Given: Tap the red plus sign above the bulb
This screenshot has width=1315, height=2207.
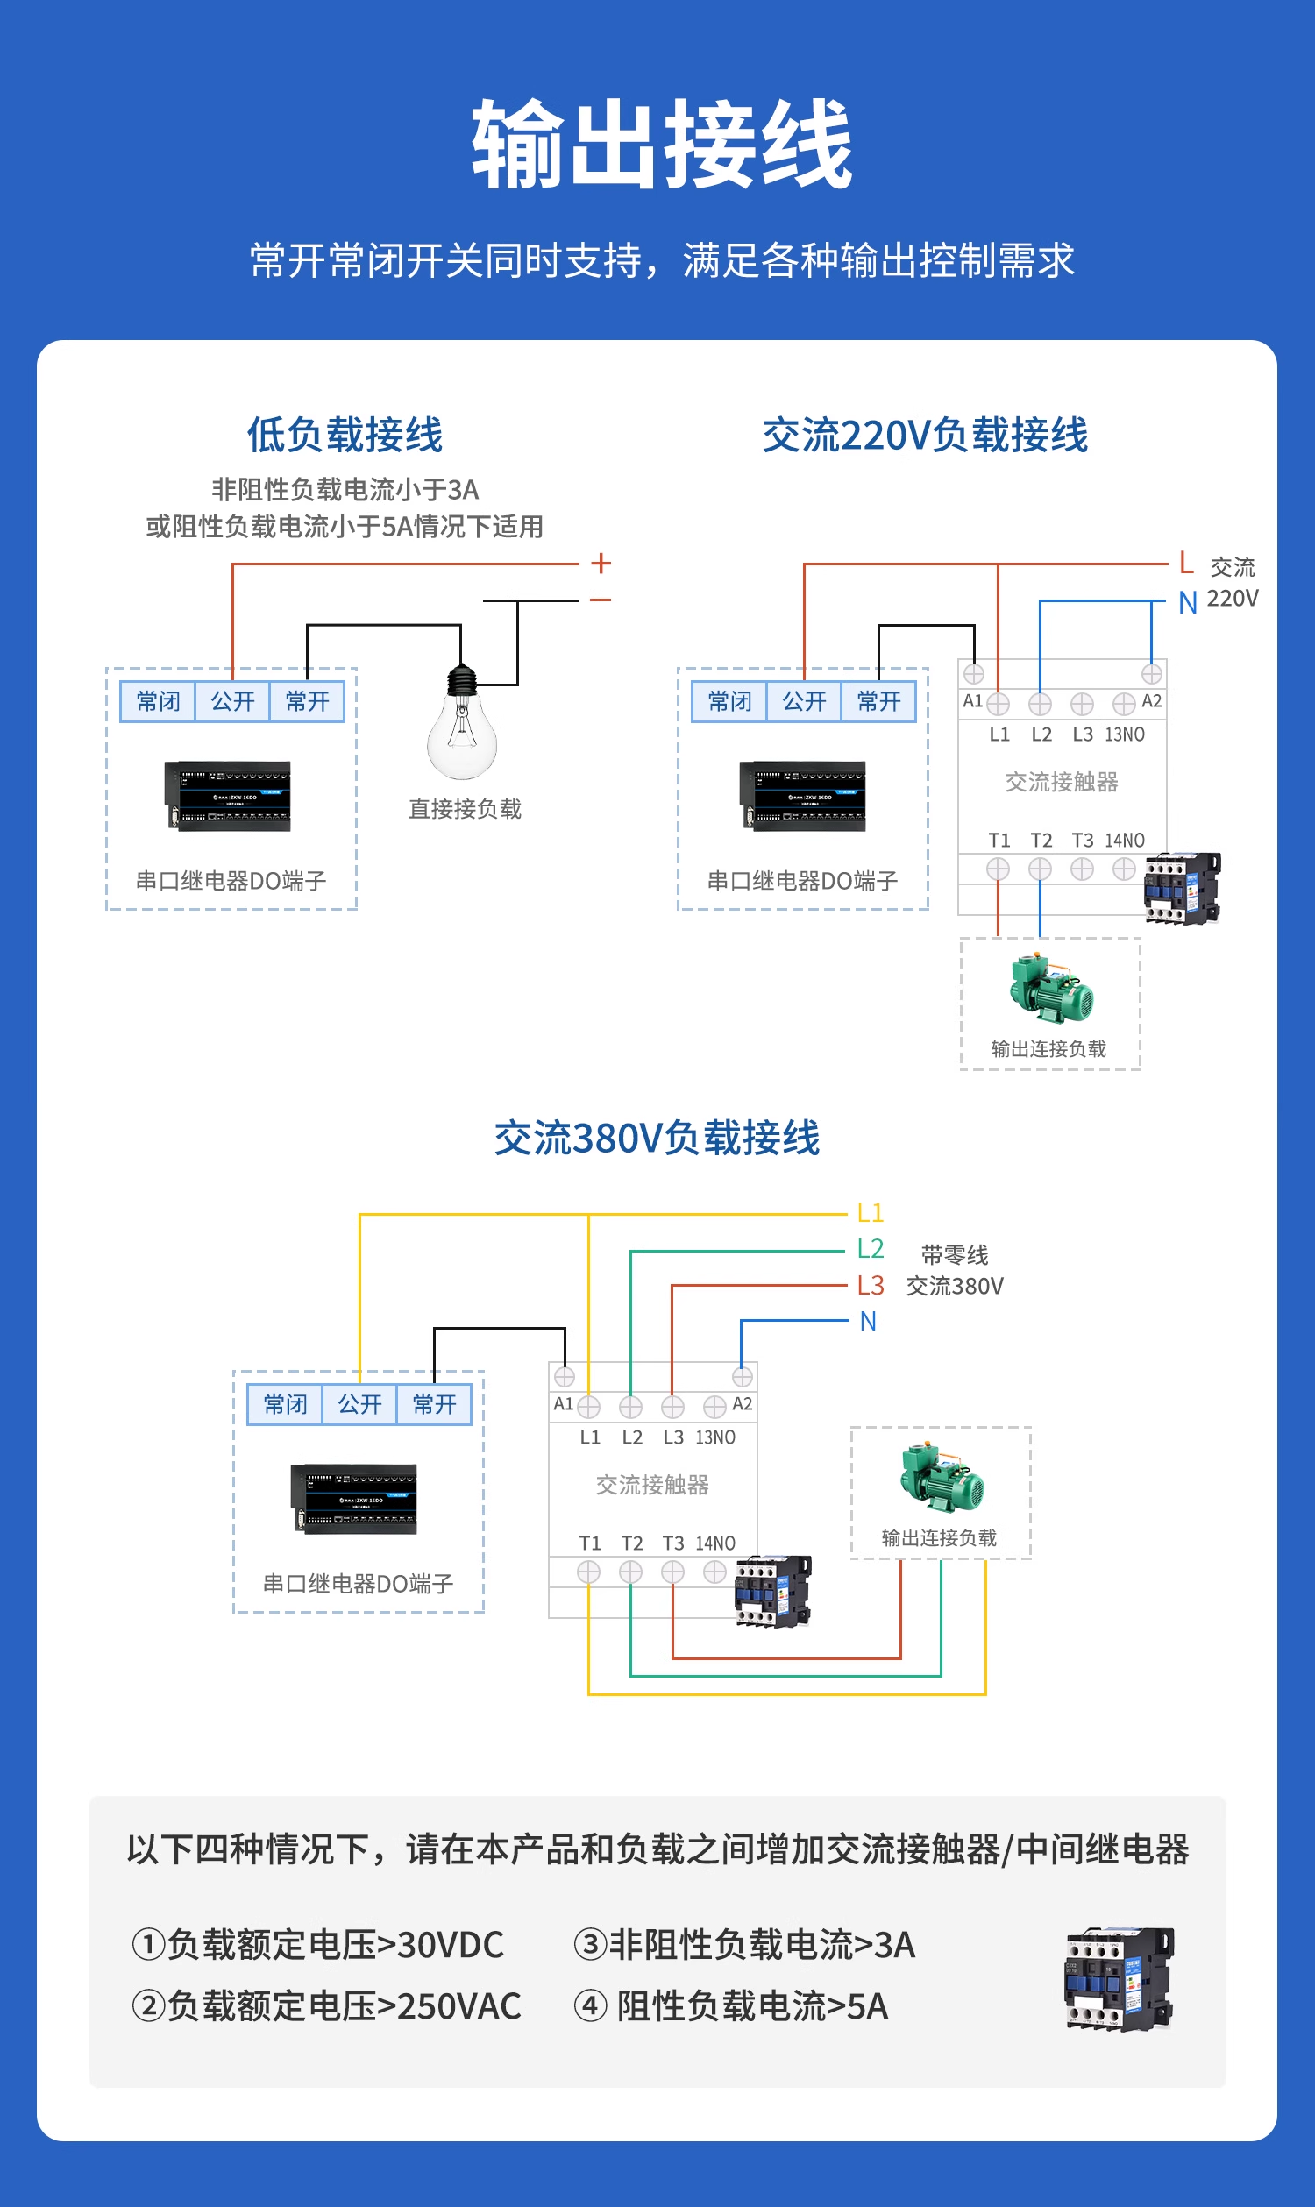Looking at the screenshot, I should [601, 563].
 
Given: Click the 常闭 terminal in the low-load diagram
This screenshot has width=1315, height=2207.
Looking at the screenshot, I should [158, 702].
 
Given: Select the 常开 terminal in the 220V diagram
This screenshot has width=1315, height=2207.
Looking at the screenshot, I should [878, 702].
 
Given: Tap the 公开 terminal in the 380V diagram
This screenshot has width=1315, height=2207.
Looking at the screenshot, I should [359, 1404].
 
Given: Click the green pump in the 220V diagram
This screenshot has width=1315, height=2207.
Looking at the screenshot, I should [1051, 989].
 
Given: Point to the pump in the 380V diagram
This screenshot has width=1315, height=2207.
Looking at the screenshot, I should [941, 1479].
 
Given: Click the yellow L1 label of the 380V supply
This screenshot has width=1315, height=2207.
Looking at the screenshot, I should [870, 1213].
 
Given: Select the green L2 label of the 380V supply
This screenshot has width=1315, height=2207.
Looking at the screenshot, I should [870, 1249].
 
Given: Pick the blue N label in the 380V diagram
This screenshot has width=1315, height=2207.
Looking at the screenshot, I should [868, 1322].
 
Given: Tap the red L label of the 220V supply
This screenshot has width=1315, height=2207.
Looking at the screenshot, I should [1185, 563].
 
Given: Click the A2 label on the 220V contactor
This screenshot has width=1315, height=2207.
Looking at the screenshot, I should [1151, 701].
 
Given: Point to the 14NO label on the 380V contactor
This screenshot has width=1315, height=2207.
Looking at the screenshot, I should [715, 1543].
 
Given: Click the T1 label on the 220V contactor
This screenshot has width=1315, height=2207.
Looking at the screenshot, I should [999, 840].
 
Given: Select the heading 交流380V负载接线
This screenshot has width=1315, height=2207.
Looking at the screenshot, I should [657, 1139].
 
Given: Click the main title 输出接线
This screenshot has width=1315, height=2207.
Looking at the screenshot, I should [660, 145].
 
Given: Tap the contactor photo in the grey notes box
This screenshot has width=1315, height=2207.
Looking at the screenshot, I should [1119, 1978].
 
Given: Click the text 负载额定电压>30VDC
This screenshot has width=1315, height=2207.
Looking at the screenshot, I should [335, 1945].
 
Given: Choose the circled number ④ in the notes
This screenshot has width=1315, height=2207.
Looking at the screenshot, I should [590, 2006].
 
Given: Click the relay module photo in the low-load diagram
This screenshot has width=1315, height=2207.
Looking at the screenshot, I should [229, 796].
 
